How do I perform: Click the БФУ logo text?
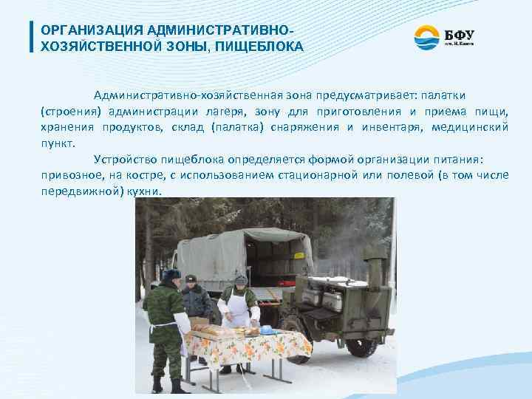pos(460,34)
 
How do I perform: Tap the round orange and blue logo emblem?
pos(426,38)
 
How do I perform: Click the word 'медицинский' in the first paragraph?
pos(471,127)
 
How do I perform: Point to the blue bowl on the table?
pos(267,330)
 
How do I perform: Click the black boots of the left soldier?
pos(166,385)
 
